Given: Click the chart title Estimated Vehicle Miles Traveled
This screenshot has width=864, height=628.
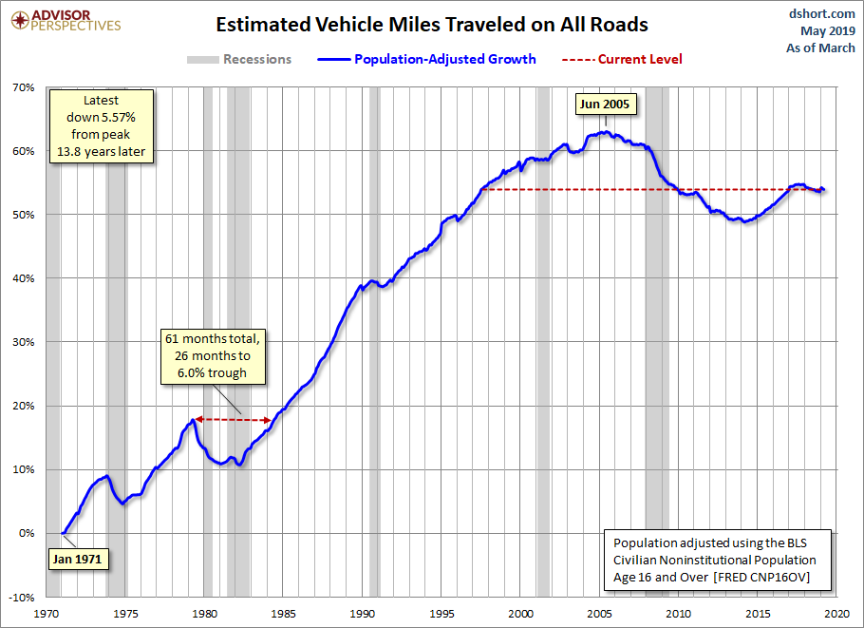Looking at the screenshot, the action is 432,25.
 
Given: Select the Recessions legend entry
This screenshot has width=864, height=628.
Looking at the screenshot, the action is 239,60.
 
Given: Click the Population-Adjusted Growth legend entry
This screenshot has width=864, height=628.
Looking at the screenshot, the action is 426,60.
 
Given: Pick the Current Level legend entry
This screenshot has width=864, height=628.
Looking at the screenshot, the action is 622,60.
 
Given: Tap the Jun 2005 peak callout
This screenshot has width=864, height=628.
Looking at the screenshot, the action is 605,105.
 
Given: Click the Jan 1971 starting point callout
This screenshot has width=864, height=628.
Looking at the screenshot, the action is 78,559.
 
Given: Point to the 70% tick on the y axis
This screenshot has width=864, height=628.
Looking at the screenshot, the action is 23,87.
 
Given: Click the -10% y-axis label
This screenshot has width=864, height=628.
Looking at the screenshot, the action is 22,598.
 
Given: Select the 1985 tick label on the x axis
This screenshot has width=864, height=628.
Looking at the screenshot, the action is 283,614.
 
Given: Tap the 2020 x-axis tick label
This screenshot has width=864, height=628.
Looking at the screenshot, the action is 836,614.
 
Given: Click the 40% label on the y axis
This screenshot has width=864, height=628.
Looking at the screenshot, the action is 23,278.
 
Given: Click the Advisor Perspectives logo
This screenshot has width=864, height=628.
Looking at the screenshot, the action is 66,20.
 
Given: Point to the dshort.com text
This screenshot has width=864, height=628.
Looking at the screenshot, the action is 821,14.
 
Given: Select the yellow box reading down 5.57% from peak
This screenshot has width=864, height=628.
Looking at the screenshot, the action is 102,126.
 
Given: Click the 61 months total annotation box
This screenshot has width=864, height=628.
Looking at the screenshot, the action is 213,356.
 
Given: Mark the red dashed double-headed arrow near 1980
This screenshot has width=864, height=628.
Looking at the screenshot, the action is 234,420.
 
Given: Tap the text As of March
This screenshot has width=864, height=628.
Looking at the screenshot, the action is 820,48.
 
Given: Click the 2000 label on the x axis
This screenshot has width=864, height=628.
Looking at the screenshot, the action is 520,614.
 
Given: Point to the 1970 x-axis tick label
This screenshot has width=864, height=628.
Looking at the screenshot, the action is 47,614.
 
